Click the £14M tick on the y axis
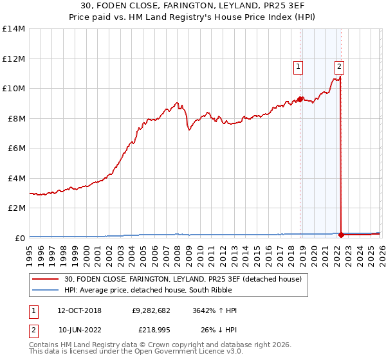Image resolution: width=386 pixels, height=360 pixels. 14,29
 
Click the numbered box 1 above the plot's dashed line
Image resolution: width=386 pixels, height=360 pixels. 299,65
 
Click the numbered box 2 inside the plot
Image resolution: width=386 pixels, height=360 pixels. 339,65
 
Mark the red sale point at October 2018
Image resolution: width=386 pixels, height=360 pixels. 300,99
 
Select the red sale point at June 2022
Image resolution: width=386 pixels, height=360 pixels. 341,235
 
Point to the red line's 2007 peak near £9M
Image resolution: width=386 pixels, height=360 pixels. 176,102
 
